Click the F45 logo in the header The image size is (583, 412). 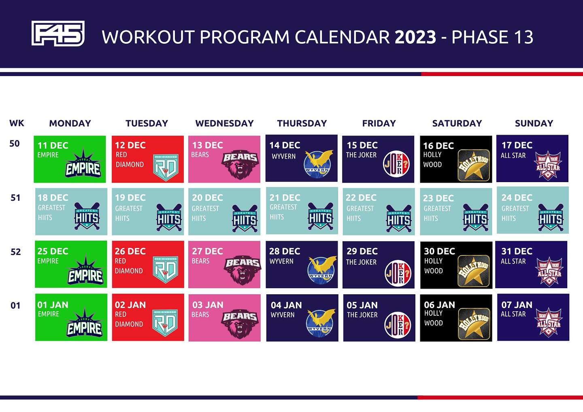[58, 33]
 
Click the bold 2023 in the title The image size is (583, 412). [415, 37]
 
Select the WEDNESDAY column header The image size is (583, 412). [224, 123]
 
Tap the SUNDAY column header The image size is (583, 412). [534, 123]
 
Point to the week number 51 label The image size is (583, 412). [15, 198]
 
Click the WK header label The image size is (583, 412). [17, 123]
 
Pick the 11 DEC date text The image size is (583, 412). [53, 145]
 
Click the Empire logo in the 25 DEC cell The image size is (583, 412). [85, 270]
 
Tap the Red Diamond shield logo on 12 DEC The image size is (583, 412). [166, 167]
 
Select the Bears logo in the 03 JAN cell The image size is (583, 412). [240, 323]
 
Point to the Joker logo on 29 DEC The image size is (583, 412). [398, 273]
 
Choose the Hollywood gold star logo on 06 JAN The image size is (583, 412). [474, 324]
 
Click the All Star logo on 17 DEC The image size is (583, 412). [548, 166]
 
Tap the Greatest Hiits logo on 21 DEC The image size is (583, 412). [320, 216]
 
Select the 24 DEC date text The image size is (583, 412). [517, 198]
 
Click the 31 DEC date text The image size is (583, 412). [517, 251]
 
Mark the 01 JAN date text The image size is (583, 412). [53, 305]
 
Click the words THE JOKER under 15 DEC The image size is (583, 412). [361, 155]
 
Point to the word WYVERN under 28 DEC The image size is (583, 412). [281, 261]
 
